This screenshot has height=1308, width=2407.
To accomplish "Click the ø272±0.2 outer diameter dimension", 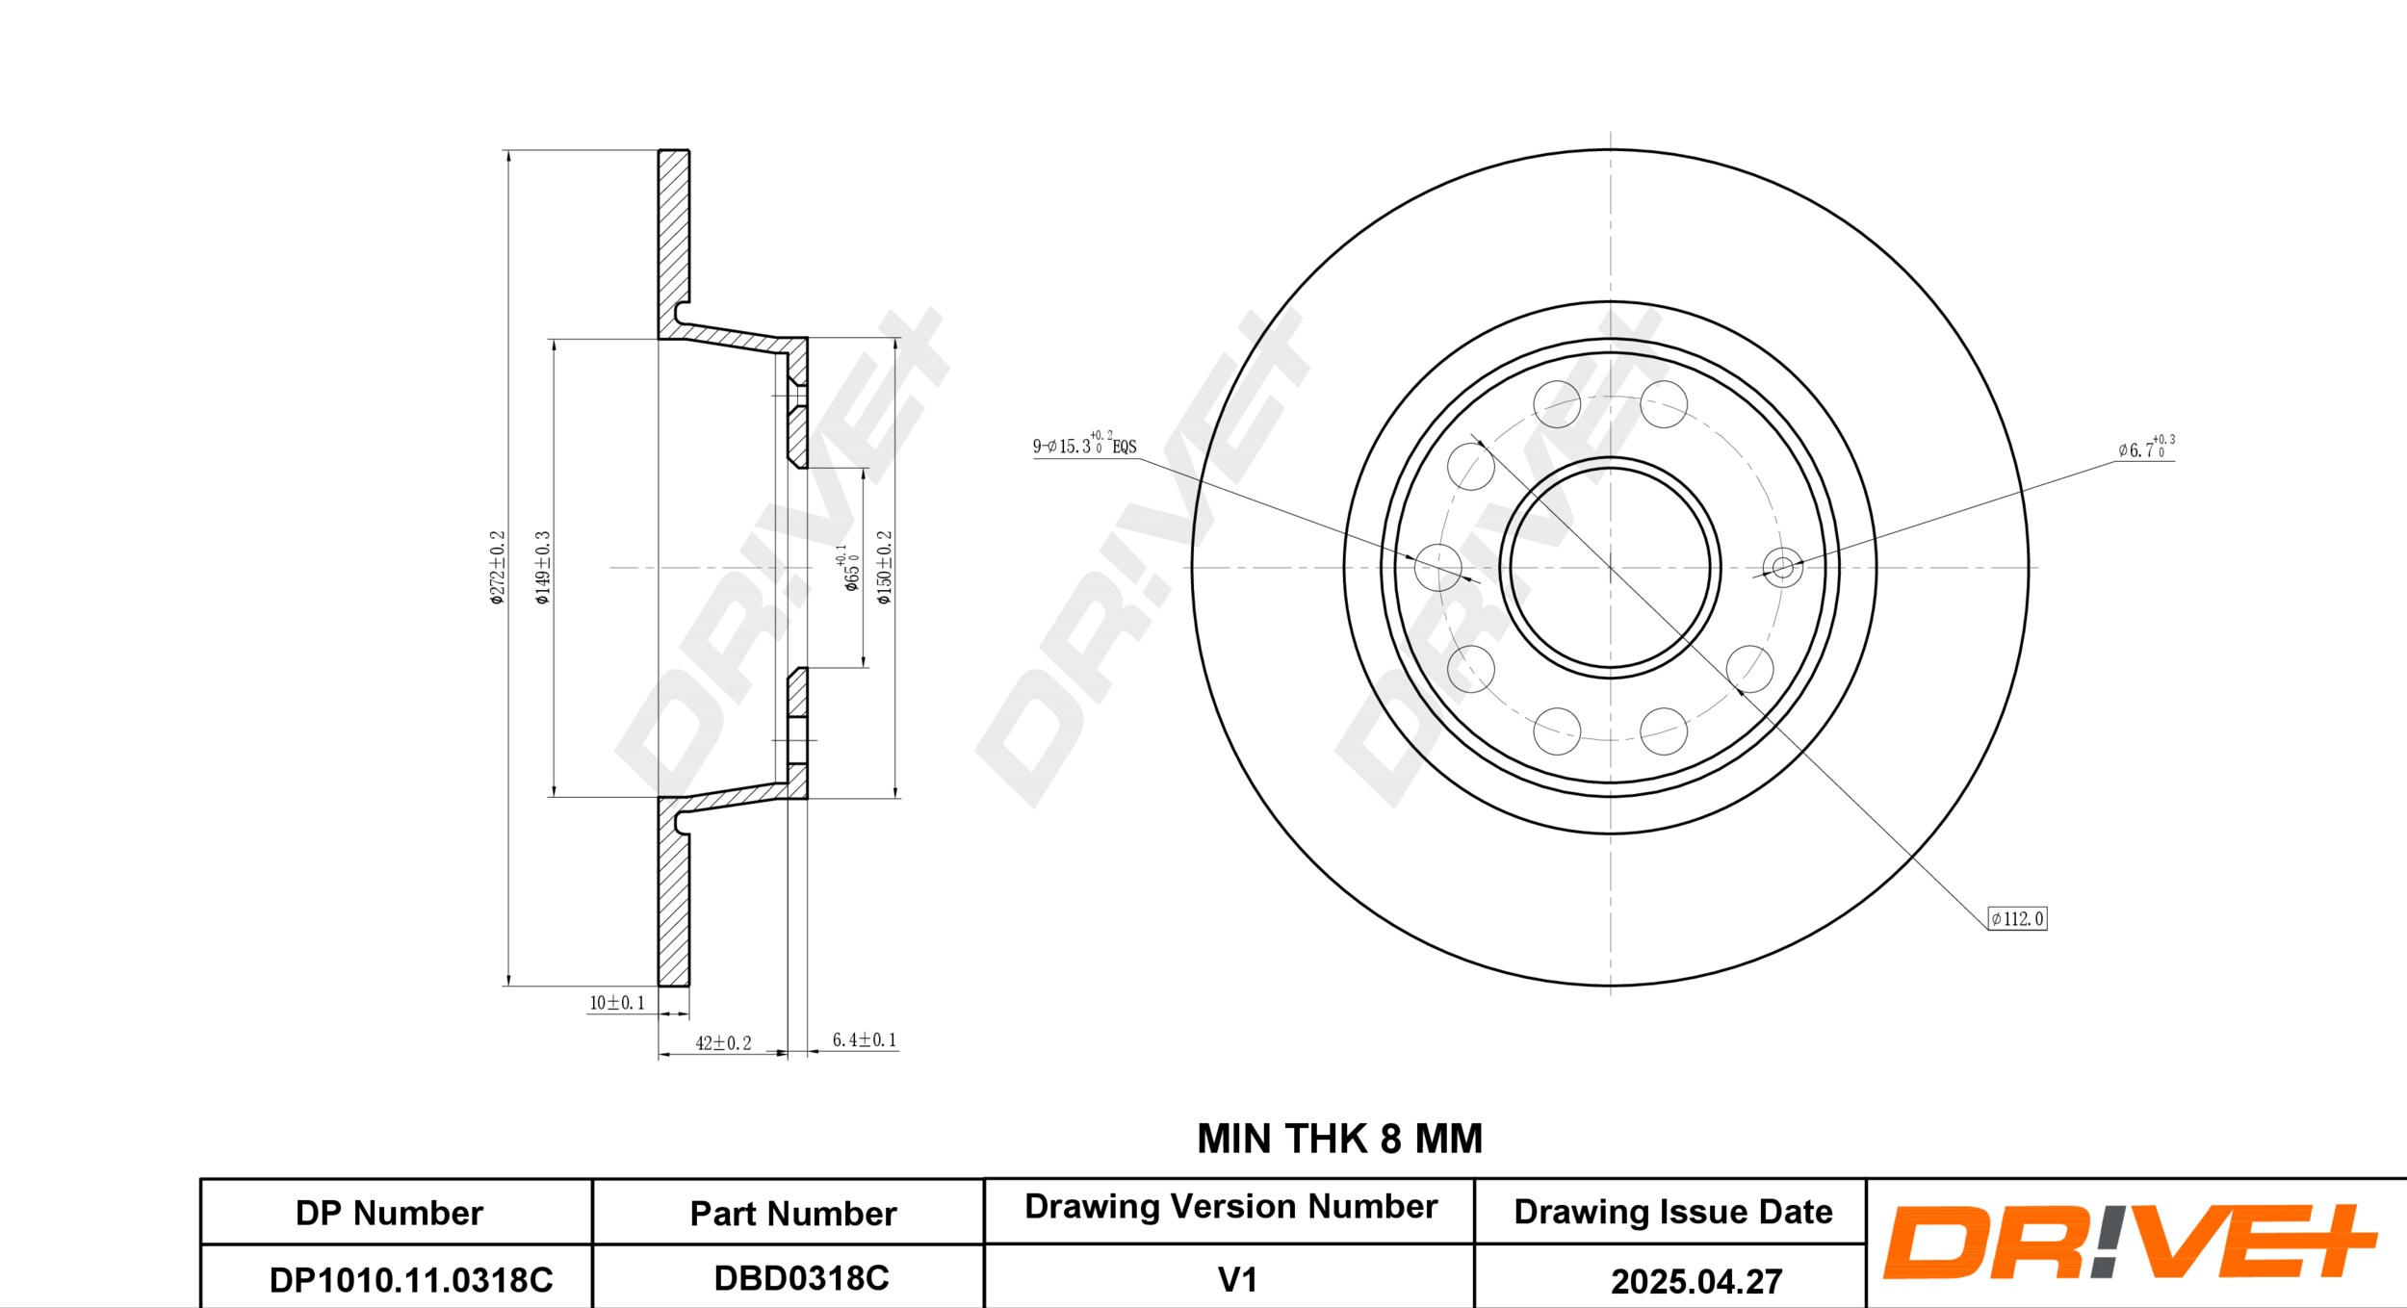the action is [497, 568].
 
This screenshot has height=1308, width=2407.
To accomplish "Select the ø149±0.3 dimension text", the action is [543, 568].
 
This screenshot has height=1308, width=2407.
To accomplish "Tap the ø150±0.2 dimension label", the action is [885, 568].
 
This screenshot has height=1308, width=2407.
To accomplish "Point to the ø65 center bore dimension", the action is [850, 568].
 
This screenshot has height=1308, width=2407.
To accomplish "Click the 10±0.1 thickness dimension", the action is [617, 1003].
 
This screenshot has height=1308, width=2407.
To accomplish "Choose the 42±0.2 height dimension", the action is [723, 1043].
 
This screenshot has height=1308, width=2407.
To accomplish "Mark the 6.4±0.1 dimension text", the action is [864, 1039].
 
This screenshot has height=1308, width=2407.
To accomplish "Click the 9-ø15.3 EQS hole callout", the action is [1085, 444].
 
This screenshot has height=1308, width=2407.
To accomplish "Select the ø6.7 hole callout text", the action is [2146, 447].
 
